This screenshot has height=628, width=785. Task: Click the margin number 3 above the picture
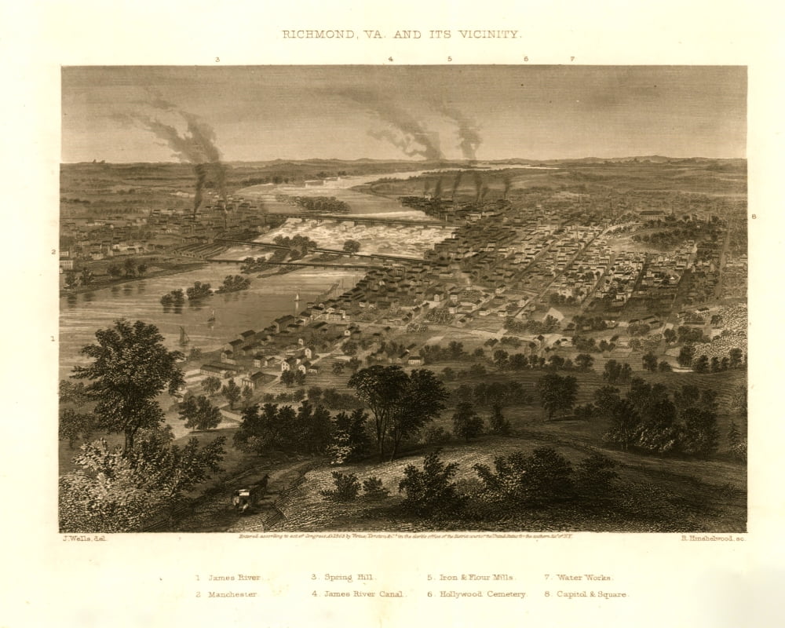(x=217, y=59)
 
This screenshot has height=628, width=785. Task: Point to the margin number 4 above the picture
(x=390, y=59)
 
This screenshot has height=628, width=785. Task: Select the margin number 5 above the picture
(x=450, y=59)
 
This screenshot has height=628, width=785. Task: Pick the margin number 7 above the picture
(x=572, y=59)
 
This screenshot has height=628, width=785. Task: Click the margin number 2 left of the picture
(x=53, y=252)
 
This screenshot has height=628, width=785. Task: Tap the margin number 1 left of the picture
(x=53, y=339)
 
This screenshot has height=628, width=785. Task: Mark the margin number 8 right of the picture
(x=754, y=215)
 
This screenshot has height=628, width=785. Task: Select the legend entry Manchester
(x=228, y=594)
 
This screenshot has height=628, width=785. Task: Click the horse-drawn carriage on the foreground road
(x=250, y=495)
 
